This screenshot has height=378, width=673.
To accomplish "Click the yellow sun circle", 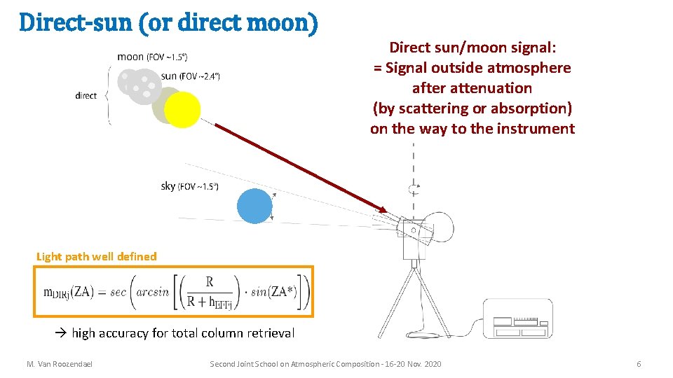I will point(182,110).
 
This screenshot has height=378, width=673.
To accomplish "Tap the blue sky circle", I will point(254,206).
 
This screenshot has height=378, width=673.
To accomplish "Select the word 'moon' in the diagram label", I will point(130,57).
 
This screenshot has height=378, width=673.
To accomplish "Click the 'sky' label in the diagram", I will point(168,186).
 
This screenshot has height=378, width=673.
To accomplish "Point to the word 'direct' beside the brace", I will point(86,96).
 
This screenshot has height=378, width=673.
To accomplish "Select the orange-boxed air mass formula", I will point(173,291).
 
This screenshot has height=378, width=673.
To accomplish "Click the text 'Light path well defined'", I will point(97,256).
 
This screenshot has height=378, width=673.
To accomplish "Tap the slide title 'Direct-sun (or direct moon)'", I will point(168,23).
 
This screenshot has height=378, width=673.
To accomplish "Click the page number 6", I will point(639,364).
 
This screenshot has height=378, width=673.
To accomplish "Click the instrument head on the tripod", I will point(414,231).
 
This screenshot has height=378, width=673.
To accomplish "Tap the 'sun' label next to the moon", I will point(169,76).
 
